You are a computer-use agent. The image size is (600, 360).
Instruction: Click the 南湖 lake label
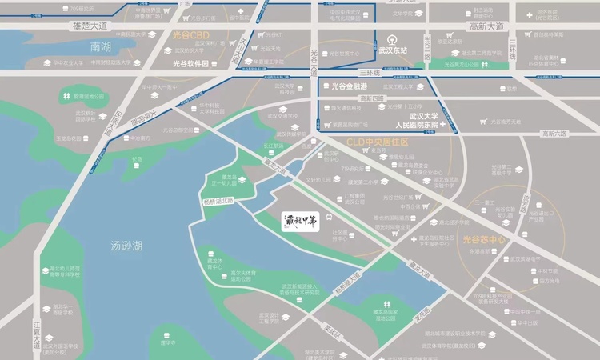[100, 47]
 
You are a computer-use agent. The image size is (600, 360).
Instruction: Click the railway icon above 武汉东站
[392, 38]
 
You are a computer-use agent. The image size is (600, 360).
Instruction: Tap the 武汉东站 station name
[392, 50]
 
